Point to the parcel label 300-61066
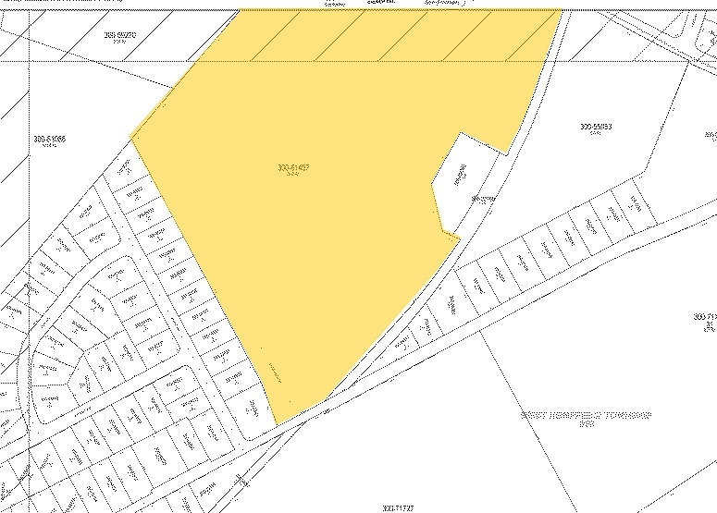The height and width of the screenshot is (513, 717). pos(50,140)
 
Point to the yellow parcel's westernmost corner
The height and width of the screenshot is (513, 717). pos(132,140)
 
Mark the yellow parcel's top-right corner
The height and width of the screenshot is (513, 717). pos(561,10)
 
